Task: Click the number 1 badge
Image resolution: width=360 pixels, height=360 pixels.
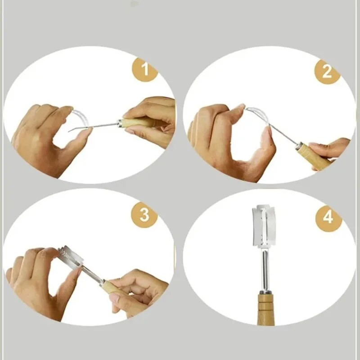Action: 145,69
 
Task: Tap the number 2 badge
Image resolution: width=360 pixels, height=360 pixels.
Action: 327,72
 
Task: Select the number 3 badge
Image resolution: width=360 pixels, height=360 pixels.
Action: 144,215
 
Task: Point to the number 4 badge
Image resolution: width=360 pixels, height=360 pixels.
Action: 328,218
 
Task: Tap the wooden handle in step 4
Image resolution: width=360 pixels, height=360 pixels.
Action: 266,310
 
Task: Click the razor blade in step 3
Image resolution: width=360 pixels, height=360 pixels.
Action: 70,256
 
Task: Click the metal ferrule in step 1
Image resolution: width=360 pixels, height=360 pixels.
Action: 119,123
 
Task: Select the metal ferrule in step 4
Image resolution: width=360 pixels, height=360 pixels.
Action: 266,292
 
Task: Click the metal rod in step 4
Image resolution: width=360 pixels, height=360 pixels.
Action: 265,269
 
